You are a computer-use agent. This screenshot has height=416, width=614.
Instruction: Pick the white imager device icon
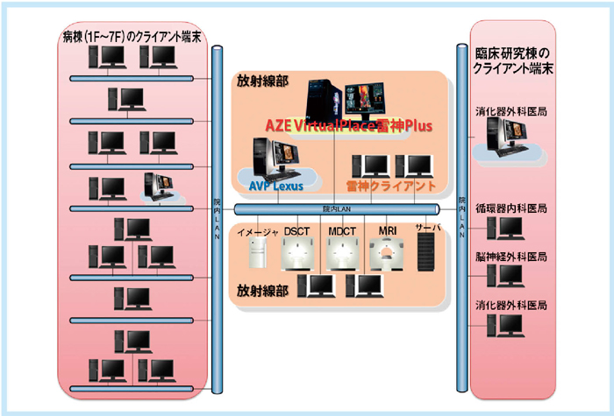coord(257,254)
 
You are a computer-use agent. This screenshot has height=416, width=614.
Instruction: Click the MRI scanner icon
coord(387,253)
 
